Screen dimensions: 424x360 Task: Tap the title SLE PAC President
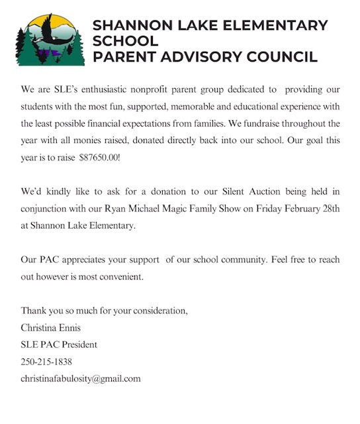click(x=59, y=344)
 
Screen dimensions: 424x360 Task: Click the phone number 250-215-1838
click(x=46, y=362)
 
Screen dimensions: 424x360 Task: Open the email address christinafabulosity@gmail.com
click(x=81, y=379)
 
